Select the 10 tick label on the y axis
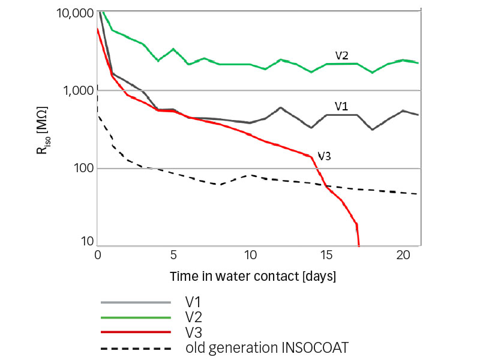tap(88, 242)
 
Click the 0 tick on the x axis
tap(98, 254)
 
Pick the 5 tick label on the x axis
tap(174, 254)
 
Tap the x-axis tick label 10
tap(250, 254)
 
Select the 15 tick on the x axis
tap(326, 254)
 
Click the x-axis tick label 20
tap(403, 254)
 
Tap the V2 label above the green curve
tap(342, 55)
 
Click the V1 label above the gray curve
tap(341, 106)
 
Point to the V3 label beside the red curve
tap(324, 155)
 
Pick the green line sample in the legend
tap(136, 316)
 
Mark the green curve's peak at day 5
tap(173, 49)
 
